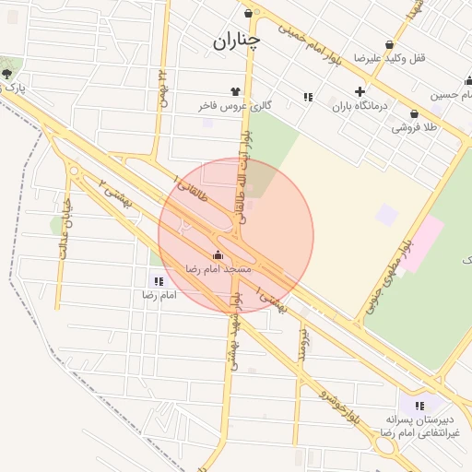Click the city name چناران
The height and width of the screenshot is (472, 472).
(237, 40)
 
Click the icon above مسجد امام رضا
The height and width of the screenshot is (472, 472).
(218, 254)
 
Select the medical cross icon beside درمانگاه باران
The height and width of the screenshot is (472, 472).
(360, 91)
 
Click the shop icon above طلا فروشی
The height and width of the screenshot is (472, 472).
(414, 114)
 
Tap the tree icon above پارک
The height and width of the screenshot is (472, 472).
(7, 73)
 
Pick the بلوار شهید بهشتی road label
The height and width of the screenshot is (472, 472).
(237, 327)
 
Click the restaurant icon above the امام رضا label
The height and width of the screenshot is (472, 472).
(159, 281)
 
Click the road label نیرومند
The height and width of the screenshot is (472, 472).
(302, 342)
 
